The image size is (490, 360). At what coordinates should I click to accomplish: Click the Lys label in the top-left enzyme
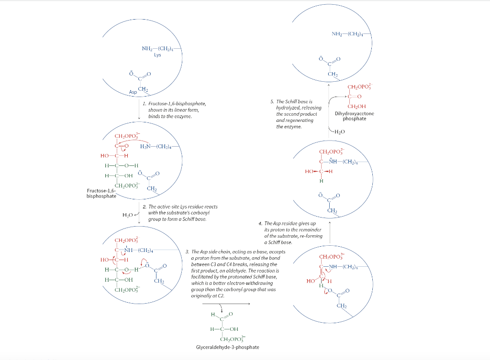coord(157,55)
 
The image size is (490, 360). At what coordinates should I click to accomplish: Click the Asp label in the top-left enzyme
coord(133,92)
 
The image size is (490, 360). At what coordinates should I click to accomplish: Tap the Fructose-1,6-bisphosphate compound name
coord(101,193)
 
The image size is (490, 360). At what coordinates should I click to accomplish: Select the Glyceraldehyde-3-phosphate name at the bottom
coord(227,347)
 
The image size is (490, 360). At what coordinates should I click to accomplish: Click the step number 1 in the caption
coord(144,104)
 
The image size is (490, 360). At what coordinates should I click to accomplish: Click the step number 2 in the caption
coord(144,207)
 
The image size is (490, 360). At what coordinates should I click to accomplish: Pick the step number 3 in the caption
coord(187,251)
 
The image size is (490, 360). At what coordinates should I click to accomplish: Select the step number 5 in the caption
coord(272,102)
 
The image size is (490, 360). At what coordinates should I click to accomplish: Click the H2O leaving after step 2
coord(127,215)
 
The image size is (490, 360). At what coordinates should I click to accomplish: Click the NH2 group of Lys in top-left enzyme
coord(146,48)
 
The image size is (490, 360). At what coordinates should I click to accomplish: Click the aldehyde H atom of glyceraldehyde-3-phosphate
coord(212,314)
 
